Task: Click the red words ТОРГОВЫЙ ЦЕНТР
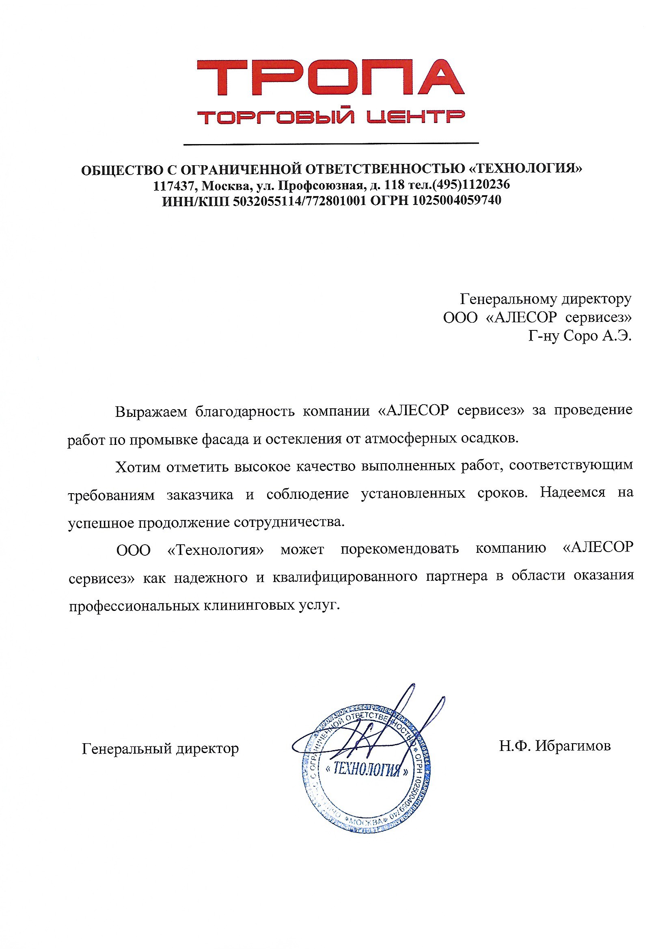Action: (331, 117)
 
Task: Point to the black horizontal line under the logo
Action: (331, 144)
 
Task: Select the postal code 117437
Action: (174, 185)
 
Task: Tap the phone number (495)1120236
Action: (471, 184)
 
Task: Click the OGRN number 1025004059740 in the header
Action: (456, 201)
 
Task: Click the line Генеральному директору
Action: (546, 298)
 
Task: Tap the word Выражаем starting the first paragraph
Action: (151, 412)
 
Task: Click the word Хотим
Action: (138, 467)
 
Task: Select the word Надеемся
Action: (573, 493)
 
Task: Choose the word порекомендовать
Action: (399, 549)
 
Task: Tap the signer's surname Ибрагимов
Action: (573, 746)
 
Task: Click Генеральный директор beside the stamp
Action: (160, 748)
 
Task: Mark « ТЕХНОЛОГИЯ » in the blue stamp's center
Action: (367, 770)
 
